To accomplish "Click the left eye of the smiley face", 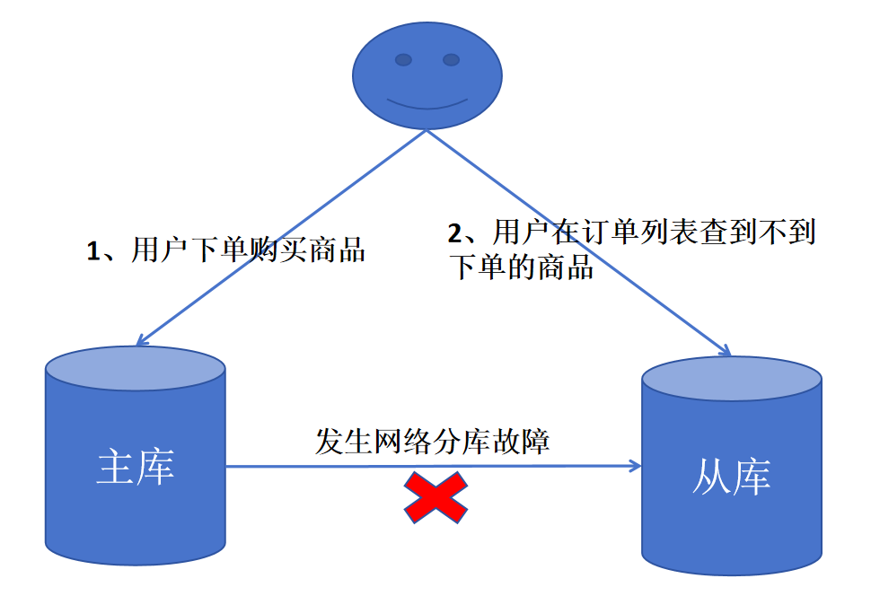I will coord(404,60).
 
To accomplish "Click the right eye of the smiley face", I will coord(451,60).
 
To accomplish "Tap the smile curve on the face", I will coord(427,101).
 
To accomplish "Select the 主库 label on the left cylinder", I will coord(135,468).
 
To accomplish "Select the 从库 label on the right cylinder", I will coord(731,477).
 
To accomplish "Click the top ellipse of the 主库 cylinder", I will coord(135,368).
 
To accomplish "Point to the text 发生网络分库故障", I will coord(432,442).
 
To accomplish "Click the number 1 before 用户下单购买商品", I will coord(92,251).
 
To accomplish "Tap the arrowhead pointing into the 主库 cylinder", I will coord(140,340).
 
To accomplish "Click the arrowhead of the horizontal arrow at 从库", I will coord(635,465).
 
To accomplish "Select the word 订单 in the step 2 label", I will coord(603,233).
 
